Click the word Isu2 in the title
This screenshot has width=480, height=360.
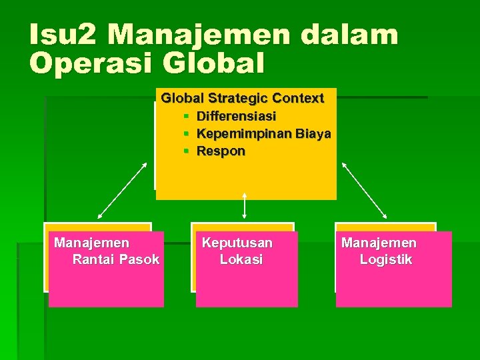tap(61, 35)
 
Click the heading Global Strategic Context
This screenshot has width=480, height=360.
tap(243, 98)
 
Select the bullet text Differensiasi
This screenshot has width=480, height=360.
tap(236, 117)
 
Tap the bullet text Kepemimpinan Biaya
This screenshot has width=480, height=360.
tap(263, 134)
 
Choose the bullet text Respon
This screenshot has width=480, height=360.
tap(221, 151)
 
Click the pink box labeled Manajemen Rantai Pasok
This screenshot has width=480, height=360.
tap(106, 280)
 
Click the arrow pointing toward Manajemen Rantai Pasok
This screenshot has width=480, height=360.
tap(123, 190)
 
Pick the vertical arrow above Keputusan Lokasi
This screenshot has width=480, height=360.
tap(245, 205)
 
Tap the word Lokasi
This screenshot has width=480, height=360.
tap(241, 259)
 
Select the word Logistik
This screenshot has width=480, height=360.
tap(386, 259)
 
